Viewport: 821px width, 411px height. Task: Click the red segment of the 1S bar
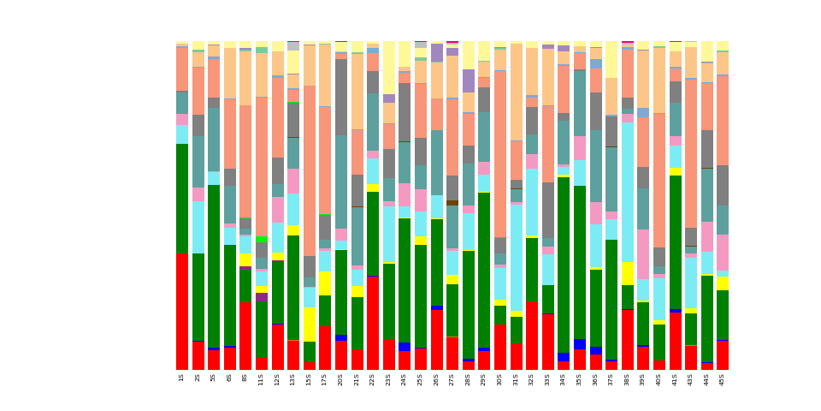(182, 311)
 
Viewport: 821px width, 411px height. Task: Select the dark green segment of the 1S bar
(182, 198)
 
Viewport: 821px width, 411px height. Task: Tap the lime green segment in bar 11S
(261, 240)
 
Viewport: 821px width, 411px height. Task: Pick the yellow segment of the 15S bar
(309, 325)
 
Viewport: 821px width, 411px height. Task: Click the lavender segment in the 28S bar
(469, 80)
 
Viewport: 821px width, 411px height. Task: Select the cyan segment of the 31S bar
(516, 258)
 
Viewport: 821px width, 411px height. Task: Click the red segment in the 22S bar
(372, 323)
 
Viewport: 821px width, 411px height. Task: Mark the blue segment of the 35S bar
(579, 344)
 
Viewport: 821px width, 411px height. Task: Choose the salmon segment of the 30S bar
(500, 154)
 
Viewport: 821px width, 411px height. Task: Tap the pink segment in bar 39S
(642, 253)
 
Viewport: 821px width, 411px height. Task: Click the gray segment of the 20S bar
(340, 97)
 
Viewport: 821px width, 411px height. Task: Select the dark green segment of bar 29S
(484, 270)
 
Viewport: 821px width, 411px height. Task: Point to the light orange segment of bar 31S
(516, 92)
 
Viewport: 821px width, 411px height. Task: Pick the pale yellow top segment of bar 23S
(388, 67)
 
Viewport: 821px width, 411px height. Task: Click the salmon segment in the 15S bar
(309, 170)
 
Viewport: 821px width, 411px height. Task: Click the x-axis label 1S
(182, 378)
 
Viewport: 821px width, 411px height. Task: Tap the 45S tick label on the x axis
(723, 378)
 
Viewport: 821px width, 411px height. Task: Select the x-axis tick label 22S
(372, 378)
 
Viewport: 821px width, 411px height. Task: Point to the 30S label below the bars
(500, 378)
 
